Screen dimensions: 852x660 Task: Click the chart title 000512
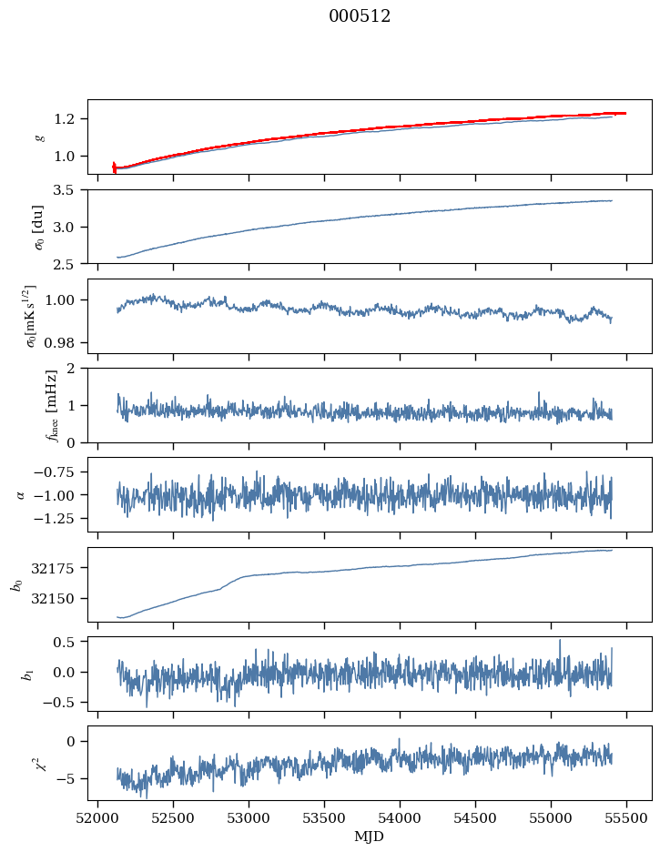(x=360, y=16)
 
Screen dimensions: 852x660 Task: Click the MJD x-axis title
(x=370, y=837)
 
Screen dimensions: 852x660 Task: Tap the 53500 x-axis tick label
(x=324, y=818)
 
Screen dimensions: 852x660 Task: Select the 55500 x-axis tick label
(x=626, y=818)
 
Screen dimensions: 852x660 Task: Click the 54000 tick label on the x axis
(x=400, y=818)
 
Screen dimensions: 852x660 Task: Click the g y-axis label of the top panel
(x=38, y=137)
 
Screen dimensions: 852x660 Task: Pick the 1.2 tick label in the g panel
(x=70, y=119)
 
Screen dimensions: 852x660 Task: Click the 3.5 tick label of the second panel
(x=70, y=190)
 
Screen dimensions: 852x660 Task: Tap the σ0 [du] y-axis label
(x=38, y=226)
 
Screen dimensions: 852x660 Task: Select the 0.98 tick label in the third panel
(x=66, y=343)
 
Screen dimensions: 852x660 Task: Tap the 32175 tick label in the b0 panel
(x=59, y=568)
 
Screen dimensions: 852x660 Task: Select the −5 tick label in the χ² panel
(x=70, y=778)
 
